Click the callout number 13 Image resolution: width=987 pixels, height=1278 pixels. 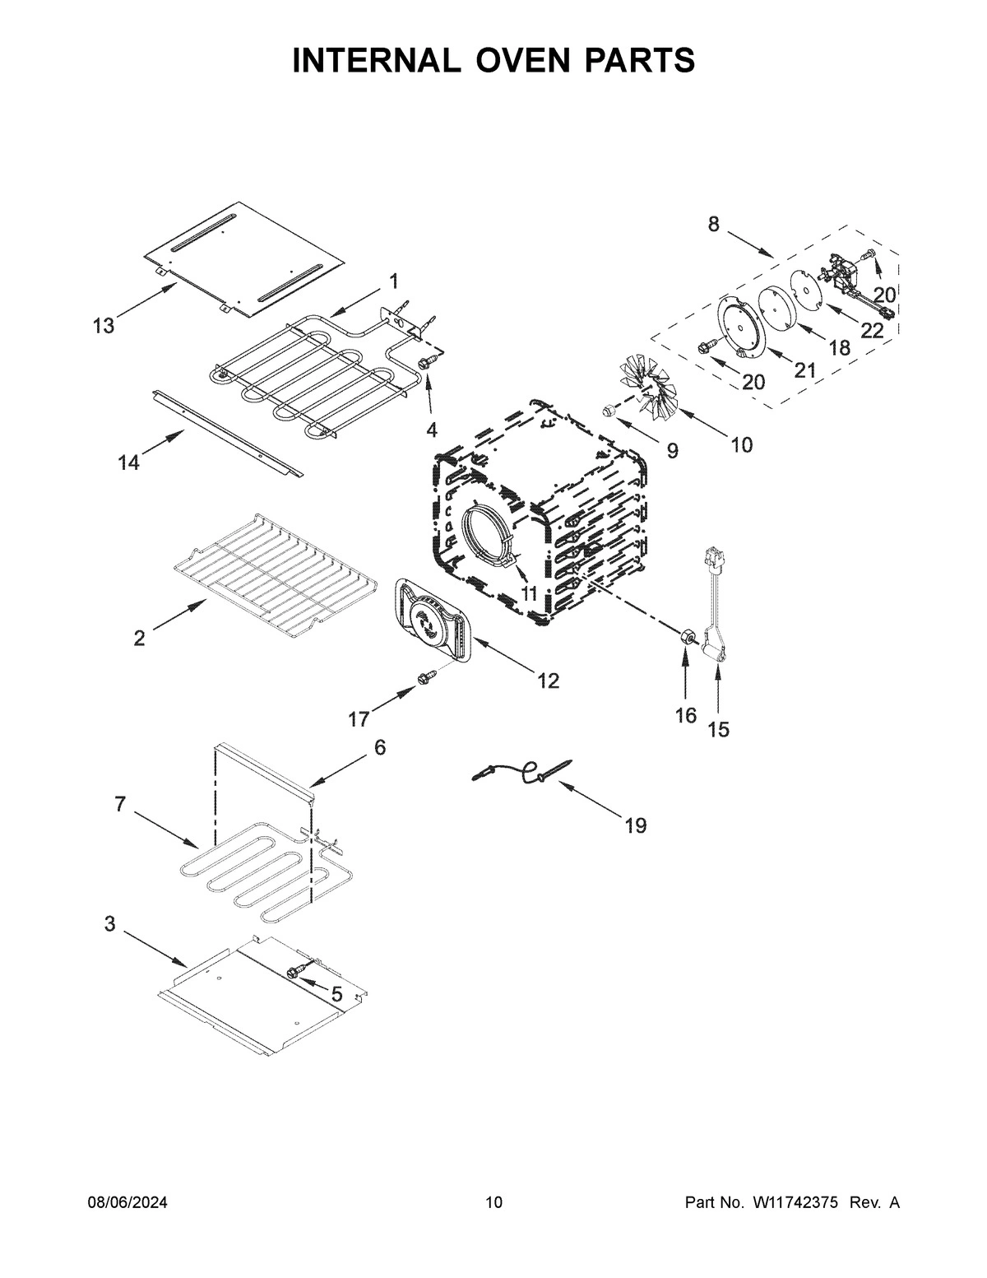tap(103, 327)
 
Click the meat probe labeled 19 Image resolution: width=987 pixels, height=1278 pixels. tap(522, 772)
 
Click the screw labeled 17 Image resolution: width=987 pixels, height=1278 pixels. tap(426, 677)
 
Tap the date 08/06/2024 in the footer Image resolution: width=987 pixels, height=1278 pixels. tap(127, 1203)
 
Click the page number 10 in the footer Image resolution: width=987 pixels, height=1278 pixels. tap(493, 1203)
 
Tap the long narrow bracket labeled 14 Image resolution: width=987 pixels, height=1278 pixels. tap(226, 434)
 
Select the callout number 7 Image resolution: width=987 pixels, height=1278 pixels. tap(120, 804)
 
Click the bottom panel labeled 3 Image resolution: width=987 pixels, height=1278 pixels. tap(263, 996)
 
